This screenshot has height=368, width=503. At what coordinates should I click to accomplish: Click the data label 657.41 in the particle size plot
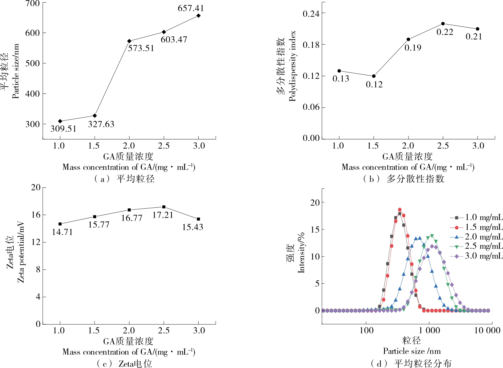190,8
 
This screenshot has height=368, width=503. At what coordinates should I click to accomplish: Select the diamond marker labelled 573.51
129,41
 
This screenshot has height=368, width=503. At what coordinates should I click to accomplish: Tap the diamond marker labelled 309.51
60,121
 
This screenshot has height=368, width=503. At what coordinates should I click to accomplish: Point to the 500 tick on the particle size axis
32,63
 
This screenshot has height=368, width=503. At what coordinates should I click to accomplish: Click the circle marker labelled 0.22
443,24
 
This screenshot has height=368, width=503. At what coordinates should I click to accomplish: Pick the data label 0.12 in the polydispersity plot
374,85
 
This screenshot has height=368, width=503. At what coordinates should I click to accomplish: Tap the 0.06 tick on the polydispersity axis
311,107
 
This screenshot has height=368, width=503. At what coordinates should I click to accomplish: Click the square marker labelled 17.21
164,207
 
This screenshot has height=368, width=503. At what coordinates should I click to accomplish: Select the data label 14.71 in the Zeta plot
62,232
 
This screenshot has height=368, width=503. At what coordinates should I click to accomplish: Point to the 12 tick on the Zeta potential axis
36,242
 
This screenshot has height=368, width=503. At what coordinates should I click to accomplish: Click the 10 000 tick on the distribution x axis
487,330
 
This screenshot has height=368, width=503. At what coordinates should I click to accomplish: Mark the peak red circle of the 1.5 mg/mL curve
400,210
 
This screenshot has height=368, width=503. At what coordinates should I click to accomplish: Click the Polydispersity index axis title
292,66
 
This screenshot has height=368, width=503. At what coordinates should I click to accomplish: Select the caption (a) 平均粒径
124,179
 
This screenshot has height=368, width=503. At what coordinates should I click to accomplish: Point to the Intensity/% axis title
301,253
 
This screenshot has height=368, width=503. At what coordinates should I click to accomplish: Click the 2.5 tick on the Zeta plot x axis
164,331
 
